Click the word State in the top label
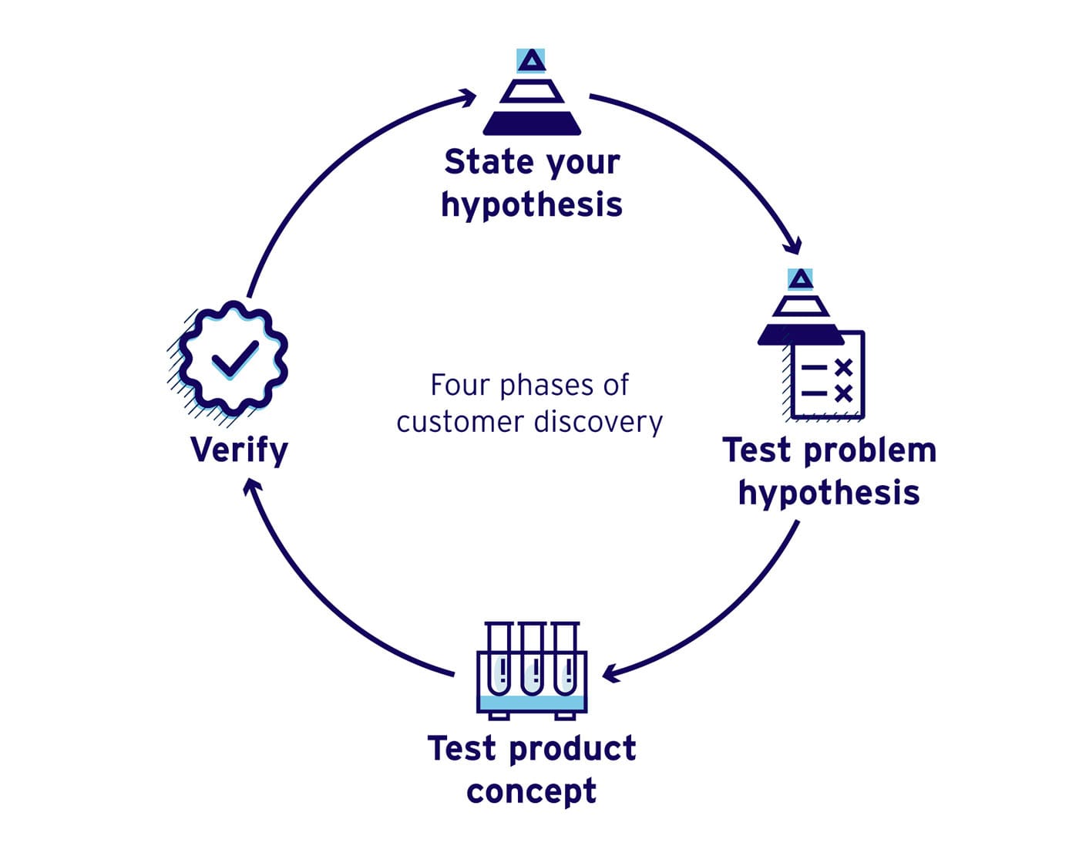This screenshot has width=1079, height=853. point(489,162)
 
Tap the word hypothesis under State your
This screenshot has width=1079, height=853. point(532,205)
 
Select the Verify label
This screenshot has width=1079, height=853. point(239,450)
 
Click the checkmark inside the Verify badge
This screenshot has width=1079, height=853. point(234,359)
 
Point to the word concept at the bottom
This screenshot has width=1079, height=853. point(532,791)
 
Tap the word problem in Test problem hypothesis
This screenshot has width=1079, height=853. point(870,450)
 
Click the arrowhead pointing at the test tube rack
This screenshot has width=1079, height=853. point(610,673)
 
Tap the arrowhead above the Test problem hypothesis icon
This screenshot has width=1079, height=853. point(792,246)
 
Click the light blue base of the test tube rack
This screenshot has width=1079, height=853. point(532,703)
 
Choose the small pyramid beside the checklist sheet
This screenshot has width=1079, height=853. point(801,308)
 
